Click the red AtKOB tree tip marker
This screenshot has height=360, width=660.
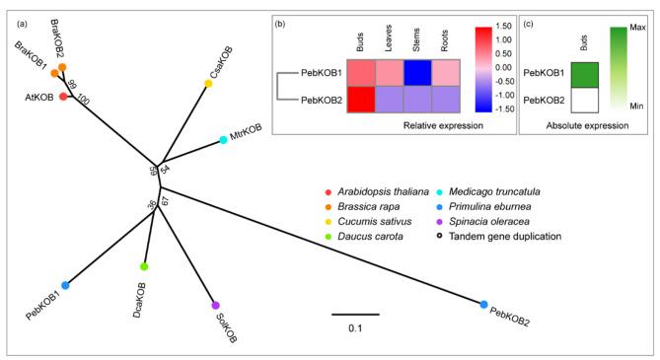pyautogui.click(x=64, y=96)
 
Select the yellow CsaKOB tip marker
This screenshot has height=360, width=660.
pyautogui.click(x=208, y=84)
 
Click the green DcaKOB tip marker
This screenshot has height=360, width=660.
pyautogui.click(x=144, y=266)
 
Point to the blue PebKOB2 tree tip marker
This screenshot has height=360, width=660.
pyautogui.click(x=484, y=305)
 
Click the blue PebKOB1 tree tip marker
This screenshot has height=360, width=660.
pyautogui.click(x=65, y=285)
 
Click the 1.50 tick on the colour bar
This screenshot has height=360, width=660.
pyautogui.click(x=501, y=27)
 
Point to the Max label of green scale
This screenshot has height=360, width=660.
pyautogui.click(x=637, y=30)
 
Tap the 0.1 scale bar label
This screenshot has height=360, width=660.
pyautogui.click(x=353, y=327)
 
